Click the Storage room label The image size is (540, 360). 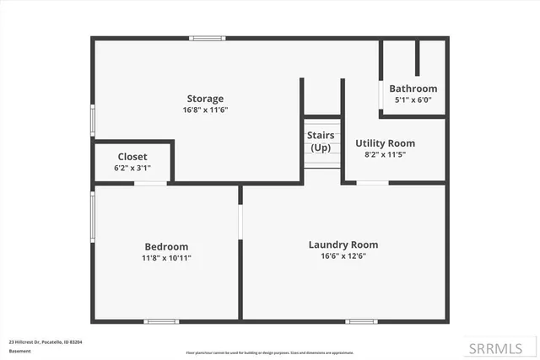pyautogui.click(x=205, y=99)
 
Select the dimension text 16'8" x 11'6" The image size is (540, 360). pyautogui.click(x=205, y=110)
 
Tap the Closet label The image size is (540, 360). pyautogui.click(x=132, y=157)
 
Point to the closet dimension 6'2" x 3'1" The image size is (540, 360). pyautogui.click(x=132, y=168)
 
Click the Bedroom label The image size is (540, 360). pyautogui.click(x=166, y=247)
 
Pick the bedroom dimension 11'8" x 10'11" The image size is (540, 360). pyautogui.click(x=166, y=258)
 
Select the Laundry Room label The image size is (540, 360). pyautogui.click(x=343, y=244)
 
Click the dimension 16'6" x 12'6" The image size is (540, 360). pyautogui.click(x=343, y=256)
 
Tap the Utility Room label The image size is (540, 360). pyautogui.click(x=385, y=143)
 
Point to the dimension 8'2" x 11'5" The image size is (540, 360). pyautogui.click(x=385, y=154)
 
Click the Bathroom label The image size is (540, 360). pyautogui.click(x=413, y=89)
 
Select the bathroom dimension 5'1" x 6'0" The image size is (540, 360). pyautogui.click(x=413, y=99)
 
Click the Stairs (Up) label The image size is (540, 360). pyautogui.click(x=321, y=141)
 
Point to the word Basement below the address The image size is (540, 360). pyautogui.click(x=19, y=350)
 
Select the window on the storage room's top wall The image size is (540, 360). pyautogui.click(x=207, y=38)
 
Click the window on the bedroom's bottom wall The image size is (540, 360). pyautogui.click(x=160, y=321)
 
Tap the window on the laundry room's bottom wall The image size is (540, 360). pyautogui.click(x=362, y=321)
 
